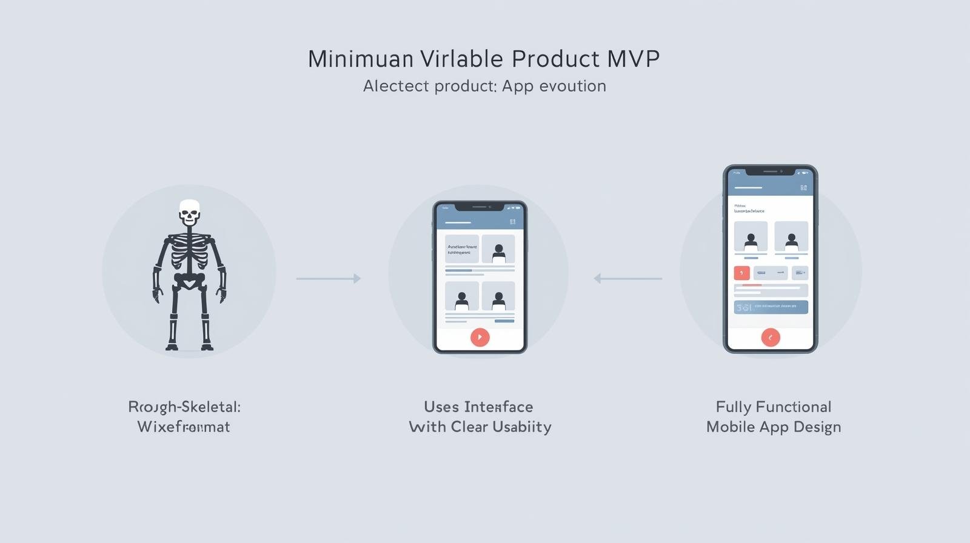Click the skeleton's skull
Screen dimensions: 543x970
tap(189, 213)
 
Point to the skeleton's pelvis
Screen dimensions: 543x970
tap(189, 280)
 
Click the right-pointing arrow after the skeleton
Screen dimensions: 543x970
tap(329, 278)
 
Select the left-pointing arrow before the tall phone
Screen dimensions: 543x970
tap(627, 278)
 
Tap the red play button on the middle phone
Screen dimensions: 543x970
tap(480, 337)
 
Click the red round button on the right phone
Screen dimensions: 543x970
tap(771, 337)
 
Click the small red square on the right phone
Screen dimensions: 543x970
tap(741, 273)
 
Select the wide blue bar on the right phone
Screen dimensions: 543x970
tap(771, 307)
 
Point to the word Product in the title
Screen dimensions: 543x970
tap(555, 59)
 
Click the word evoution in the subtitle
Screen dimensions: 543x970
tap(572, 86)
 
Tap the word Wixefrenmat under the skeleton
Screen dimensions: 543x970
tap(184, 427)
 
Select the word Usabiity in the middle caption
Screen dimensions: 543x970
tap(521, 427)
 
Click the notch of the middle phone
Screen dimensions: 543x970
tap(479, 207)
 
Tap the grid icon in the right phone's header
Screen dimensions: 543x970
tap(803, 188)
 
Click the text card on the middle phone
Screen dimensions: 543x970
tap(462, 249)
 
